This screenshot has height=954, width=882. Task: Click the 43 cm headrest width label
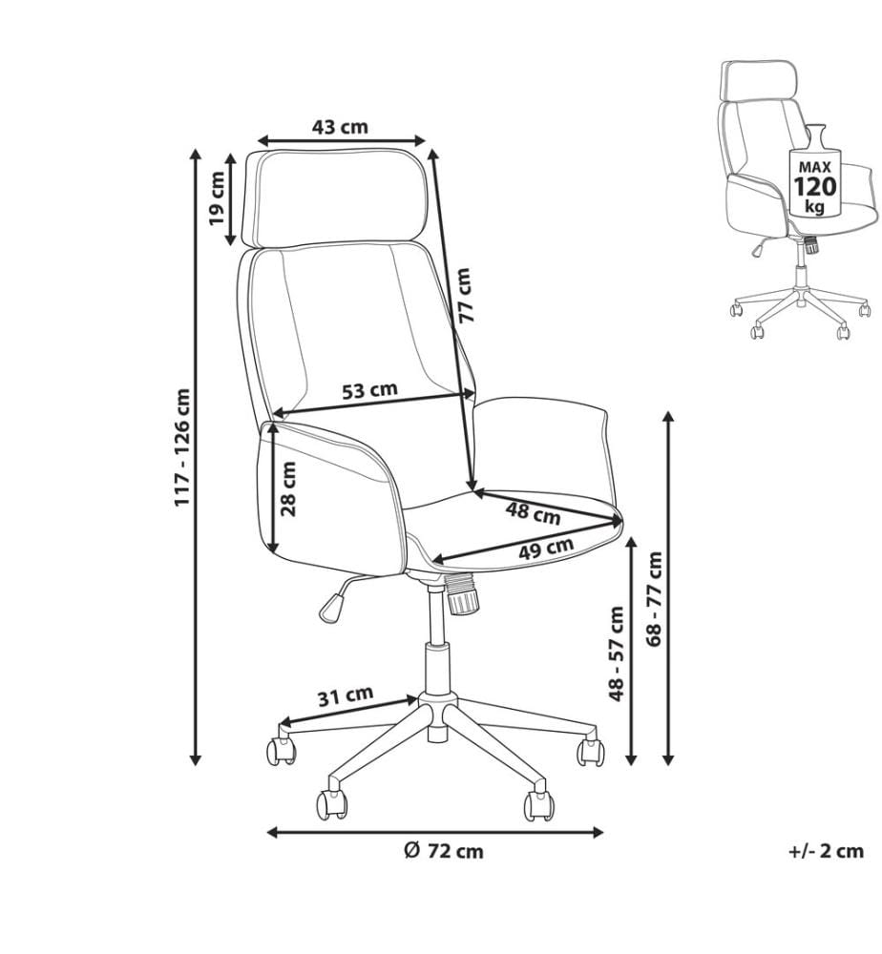pos(340,127)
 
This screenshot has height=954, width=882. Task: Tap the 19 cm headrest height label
pos(217,197)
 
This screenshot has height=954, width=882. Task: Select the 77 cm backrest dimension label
pos(464,295)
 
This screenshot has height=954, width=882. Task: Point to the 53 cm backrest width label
pos(369,390)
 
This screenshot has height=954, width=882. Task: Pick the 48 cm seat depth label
pos(534,513)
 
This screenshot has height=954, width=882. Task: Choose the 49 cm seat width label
pos(546,549)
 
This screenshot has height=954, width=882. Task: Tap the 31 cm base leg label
pos(346,696)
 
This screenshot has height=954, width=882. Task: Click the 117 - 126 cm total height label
pos(182,447)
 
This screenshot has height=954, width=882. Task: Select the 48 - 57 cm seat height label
pos(617,653)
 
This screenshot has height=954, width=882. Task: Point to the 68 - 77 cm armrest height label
pos(655,599)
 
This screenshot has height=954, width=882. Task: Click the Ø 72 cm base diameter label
pos(444,851)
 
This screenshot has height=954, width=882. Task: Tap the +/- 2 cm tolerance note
pos(826,850)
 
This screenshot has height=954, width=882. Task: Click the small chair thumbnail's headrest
pos(758,80)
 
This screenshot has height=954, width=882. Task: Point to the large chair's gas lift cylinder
pos(436,644)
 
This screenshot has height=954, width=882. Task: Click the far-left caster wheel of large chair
pos(282,750)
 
